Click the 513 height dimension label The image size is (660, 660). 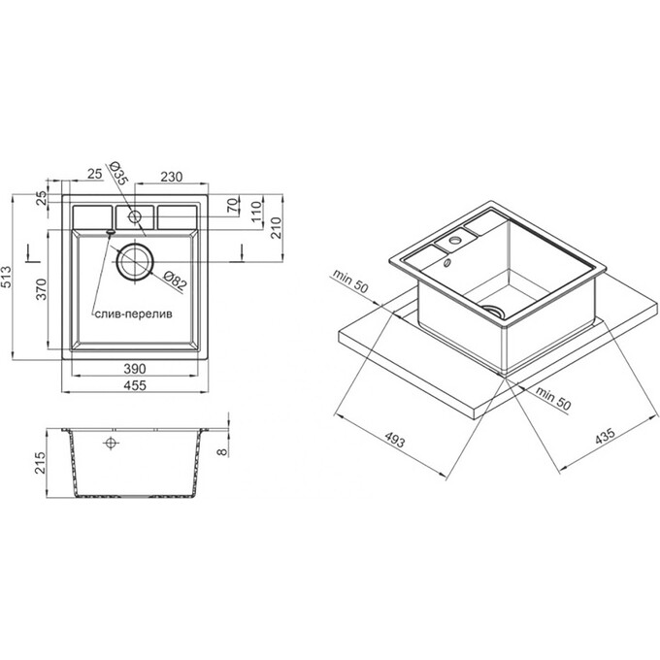pyautogui.click(x=7, y=277)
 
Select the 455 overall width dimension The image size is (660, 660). pyautogui.click(x=135, y=385)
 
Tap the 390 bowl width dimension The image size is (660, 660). pyautogui.click(x=135, y=369)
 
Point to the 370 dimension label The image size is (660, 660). pyautogui.click(x=41, y=289)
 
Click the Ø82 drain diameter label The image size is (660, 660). pyautogui.click(x=175, y=280)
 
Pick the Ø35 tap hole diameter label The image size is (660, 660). pyautogui.click(x=117, y=173)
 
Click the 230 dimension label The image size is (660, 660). pyautogui.click(x=172, y=177)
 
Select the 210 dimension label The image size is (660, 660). pyautogui.click(x=276, y=228)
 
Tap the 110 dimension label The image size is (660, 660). pyautogui.click(x=256, y=213)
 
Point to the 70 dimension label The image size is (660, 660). pyautogui.click(x=233, y=206)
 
